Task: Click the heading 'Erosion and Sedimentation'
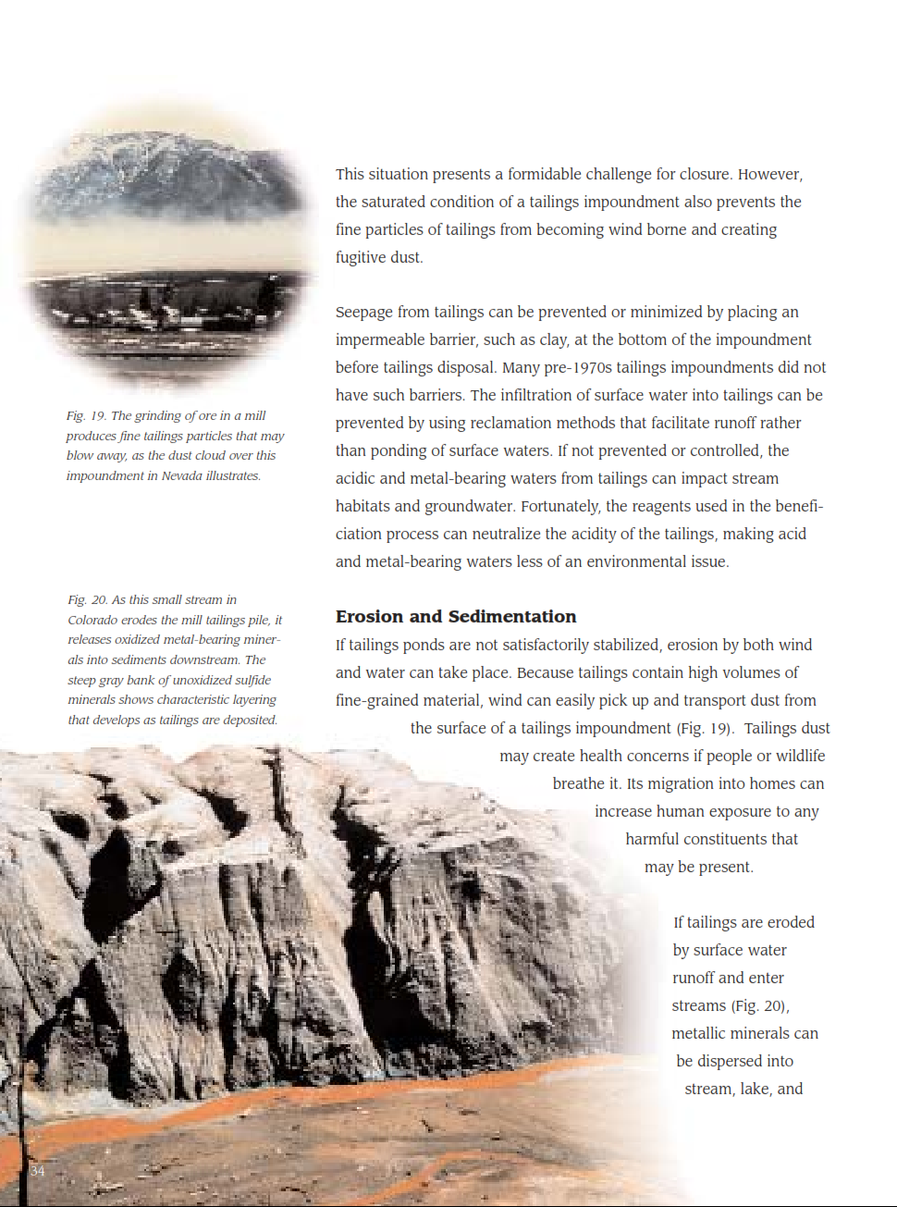tap(455, 617)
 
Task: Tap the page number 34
tap(37, 1171)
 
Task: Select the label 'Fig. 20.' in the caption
tap(87, 600)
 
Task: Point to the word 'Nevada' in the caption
tap(182, 476)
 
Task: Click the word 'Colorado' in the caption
tap(92, 621)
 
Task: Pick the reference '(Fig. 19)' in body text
tap(704, 729)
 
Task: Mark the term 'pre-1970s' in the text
tap(577, 368)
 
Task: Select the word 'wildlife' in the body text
tap(800, 757)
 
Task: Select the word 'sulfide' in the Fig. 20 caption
tap(252, 681)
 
